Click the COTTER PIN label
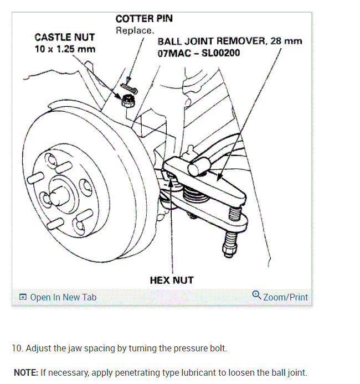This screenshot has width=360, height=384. (x=144, y=18)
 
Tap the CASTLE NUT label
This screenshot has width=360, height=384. (x=64, y=38)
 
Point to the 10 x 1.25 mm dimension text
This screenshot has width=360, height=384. (x=65, y=49)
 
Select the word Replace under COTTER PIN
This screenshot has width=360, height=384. (x=135, y=30)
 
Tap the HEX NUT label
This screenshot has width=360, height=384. (x=172, y=280)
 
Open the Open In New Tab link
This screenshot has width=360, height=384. (x=63, y=297)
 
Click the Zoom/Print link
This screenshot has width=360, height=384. (x=285, y=297)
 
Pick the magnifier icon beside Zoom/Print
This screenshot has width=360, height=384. (x=256, y=295)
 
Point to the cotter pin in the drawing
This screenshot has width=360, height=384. (x=131, y=87)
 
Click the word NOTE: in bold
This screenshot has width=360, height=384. (x=25, y=372)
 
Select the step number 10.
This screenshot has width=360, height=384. (x=17, y=349)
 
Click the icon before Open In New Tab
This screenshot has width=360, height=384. (x=23, y=297)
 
